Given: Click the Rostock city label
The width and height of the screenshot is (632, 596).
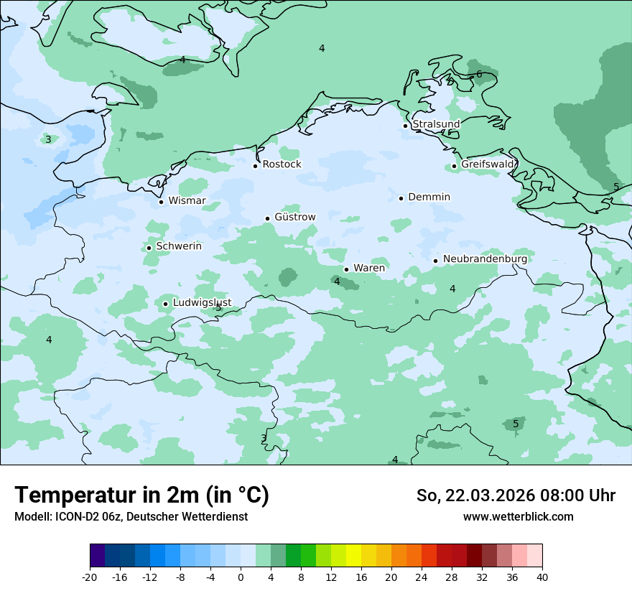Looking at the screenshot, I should click(x=282, y=164).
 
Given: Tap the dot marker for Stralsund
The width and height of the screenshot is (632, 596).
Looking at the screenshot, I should click(x=405, y=126).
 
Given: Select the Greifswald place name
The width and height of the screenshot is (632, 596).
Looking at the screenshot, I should click(x=488, y=164).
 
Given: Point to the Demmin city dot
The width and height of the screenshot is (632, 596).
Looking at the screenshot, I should click(x=401, y=198).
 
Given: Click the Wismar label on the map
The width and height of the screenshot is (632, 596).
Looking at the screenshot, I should click(x=187, y=201).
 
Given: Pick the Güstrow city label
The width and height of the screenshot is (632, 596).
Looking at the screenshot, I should click(x=294, y=217).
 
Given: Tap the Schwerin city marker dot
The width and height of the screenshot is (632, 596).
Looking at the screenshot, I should click(x=149, y=248).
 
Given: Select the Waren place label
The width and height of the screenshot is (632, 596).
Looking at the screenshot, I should click(x=368, y=269).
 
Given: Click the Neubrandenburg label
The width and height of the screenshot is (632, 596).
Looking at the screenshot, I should click(x=485, y=259).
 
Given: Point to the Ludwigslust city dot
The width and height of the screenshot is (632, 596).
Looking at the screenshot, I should click(x=165, y=304).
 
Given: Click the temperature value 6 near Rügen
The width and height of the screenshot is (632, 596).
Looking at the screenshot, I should click(x=479, y=74).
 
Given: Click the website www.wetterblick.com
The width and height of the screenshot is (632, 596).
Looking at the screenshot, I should click(x=518, y=517).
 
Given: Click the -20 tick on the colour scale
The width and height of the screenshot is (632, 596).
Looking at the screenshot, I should click(x=90, y=577).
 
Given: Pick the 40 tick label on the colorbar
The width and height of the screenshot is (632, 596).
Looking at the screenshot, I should click(x=542, y=577).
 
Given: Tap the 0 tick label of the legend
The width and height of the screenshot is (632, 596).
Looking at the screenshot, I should click(x=241, y=577).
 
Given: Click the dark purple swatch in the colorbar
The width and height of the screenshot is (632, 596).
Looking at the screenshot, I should click(x=98, y=556).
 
